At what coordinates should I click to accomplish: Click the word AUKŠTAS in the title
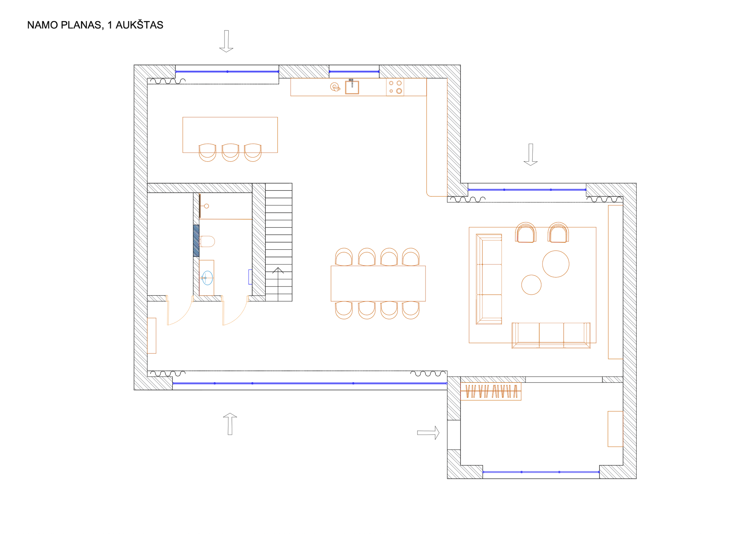[x=139, y=25]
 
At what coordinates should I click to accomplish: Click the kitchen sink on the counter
[x=352, y=87]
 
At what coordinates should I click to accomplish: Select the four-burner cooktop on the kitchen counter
[x=395, y=87]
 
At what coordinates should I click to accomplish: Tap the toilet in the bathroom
[x=207, y=241]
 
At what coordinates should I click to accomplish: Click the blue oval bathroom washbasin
[x=207, y=278]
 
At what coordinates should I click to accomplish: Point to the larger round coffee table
[x=556, y=264]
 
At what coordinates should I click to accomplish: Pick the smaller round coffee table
[x=531, y=285]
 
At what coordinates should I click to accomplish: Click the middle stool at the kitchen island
[x=230, y=153]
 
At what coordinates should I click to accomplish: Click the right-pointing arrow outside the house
[x=428, y=433]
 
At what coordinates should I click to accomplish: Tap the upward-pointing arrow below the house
[x=230, y=424]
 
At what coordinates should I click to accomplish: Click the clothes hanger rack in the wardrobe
[x=491, y=391]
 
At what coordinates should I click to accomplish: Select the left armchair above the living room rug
[x=526, y=232]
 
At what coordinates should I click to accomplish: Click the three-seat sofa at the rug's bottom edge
[x=551, y=335]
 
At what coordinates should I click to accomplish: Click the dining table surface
[x=378, y=283]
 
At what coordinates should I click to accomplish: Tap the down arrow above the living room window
[x=530, y=155]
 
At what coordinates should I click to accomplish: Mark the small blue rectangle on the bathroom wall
[x=250, y=277]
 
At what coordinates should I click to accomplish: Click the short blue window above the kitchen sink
[x=354, y=71]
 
